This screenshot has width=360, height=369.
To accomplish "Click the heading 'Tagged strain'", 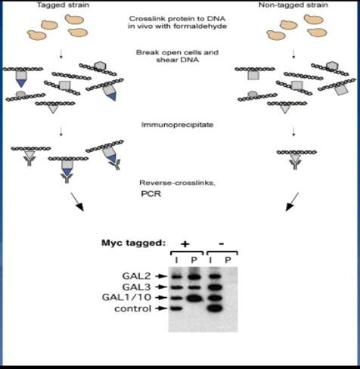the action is click(63, 5).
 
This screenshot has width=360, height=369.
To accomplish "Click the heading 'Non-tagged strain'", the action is click(293, 5).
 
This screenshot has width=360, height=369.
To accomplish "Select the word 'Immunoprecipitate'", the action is click(177, 125).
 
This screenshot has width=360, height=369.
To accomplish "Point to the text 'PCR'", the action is click(151, 194).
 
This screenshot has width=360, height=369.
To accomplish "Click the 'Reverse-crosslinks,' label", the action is click(177, 183).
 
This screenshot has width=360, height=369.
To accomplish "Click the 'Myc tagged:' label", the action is click(133, 243).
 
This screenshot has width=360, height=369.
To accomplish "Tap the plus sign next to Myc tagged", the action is click(185, 243).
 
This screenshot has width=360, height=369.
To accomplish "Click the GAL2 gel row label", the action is click(136, 276).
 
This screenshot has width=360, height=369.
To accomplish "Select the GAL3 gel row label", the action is click(136, 287).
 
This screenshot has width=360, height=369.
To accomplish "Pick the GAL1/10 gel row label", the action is click(126, 297).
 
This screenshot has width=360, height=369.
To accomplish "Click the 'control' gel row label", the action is click(133, 309).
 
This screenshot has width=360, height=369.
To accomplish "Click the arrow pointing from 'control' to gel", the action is click(161, 309).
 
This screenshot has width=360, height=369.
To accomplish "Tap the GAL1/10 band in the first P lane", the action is click(194, 298).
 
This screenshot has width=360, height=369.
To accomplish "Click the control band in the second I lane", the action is click(215, 308).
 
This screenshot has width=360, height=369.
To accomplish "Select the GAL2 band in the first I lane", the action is click(177, 277).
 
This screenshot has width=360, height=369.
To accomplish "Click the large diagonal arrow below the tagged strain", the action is click(77, 202).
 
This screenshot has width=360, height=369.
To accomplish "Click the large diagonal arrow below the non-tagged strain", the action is click(292, 202).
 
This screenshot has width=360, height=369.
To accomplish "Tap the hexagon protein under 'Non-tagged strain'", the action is click(331, 66).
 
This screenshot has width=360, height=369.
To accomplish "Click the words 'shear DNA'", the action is click(178, 60).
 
